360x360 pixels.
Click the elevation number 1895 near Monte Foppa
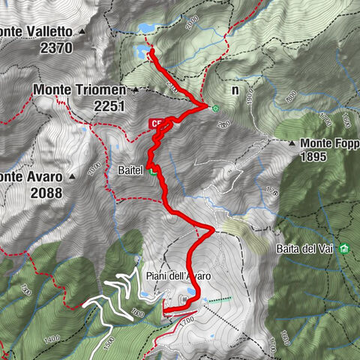pyautogui.click(x=316, y=157)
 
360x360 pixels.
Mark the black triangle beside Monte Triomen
pyautogui.click(x=135, y=90)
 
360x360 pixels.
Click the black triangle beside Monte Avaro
pyautogui.click(x=72, y=177)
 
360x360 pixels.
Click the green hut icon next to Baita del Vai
pyautogui.click(x=344, y=248)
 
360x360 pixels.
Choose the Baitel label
pyautogui.click(x=131, y=171)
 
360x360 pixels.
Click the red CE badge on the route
pyautogui.click(x=156, y=124)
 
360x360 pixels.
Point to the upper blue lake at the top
pyautogui.click(x=145, y=28)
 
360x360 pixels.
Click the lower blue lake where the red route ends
pyautogui.click(x=141, y=52)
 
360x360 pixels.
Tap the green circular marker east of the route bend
pyautogui.click(x=216, y=109)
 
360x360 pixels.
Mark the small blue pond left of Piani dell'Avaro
pyautogui.click(x=142, y=295)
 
